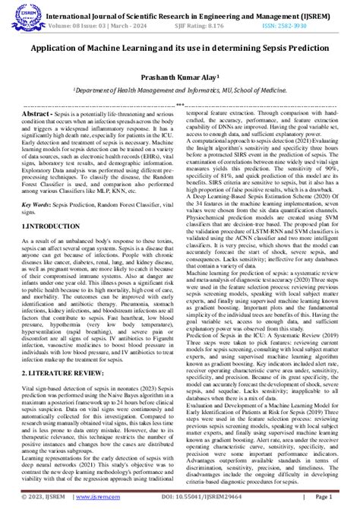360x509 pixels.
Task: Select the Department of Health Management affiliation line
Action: (179, 90)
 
